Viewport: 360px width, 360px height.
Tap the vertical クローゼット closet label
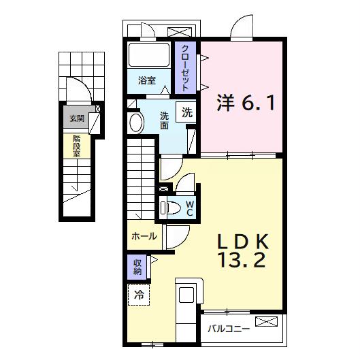(184, 67)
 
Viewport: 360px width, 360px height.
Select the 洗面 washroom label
(165, 120)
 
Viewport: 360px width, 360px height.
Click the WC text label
(190, 208)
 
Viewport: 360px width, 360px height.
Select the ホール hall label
(144, 236)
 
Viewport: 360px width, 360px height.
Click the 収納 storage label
(137, 267)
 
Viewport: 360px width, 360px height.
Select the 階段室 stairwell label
(76, 145)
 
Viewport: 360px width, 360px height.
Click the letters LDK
(244, 241)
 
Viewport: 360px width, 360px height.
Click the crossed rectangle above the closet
(180, 32)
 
